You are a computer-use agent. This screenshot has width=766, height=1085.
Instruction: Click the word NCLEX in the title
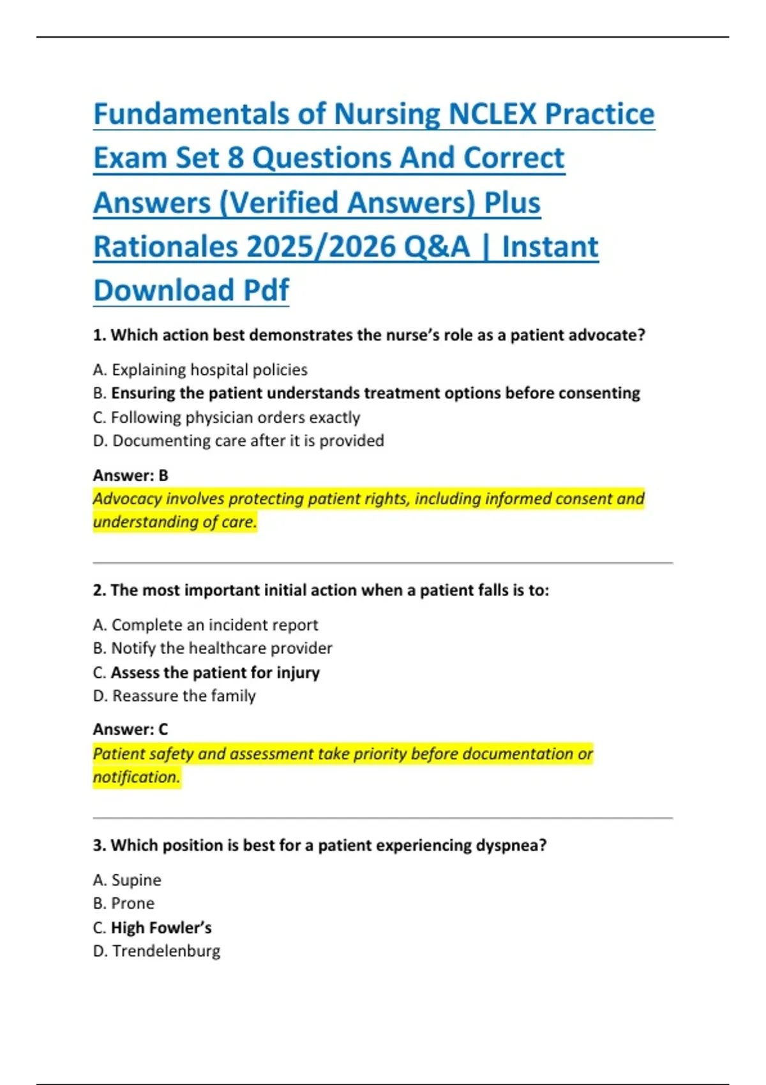point(492,114)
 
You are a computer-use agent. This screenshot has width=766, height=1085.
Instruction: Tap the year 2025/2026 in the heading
point(322,247)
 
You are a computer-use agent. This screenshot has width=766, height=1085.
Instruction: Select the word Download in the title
point(164,290)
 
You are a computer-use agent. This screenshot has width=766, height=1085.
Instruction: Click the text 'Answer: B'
point(130,475)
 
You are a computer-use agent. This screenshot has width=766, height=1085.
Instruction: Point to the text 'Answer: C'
point(130,730)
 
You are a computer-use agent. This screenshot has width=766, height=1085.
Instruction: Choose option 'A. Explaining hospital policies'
point(200,370)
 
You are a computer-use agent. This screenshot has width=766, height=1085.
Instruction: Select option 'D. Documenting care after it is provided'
point(238,441)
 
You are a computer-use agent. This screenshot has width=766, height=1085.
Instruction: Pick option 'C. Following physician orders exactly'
point(227,417)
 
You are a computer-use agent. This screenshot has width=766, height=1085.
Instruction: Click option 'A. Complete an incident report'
point(205,625)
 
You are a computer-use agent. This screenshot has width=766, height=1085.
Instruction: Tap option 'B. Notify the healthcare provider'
point(213,648)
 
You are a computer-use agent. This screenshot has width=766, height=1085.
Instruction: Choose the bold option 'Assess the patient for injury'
point(215,673)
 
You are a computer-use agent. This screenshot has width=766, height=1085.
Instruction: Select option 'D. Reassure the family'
point(174,696)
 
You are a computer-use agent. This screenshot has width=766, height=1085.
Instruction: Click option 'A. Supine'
point(127,880)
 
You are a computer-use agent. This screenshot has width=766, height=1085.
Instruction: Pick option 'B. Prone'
point(124,904)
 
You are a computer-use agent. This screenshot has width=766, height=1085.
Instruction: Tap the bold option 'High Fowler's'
point(161,927)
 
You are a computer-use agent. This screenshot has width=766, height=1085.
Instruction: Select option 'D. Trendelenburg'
point(156,951)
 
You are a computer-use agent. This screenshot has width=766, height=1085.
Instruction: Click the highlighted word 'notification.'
point(137,777)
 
